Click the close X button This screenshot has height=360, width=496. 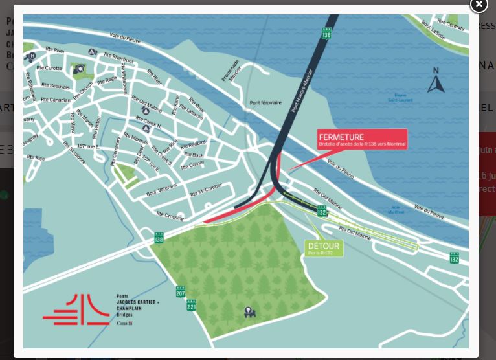(x=479, y=5)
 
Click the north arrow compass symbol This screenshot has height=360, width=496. (x=436, y=82)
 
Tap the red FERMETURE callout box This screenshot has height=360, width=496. (x=362, y=139)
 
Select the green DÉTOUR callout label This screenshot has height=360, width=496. (x=323, y=249)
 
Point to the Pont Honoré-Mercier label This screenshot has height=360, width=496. (x=302, y=90)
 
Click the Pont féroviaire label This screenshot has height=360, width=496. (x=265, y=103)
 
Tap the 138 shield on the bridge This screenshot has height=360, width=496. (x=326, y=33)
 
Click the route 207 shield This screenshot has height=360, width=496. (x=180, y=292)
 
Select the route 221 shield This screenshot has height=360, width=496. (x=191, y=305)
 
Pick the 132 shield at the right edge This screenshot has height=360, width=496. (x=455, y=258)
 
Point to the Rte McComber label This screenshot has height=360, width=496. (x=206, y=190)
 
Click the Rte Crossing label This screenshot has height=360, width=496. (x=170, y=216)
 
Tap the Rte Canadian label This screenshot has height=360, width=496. (x=55, y=100)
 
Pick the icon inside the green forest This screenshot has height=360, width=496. (x=249, y=312)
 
